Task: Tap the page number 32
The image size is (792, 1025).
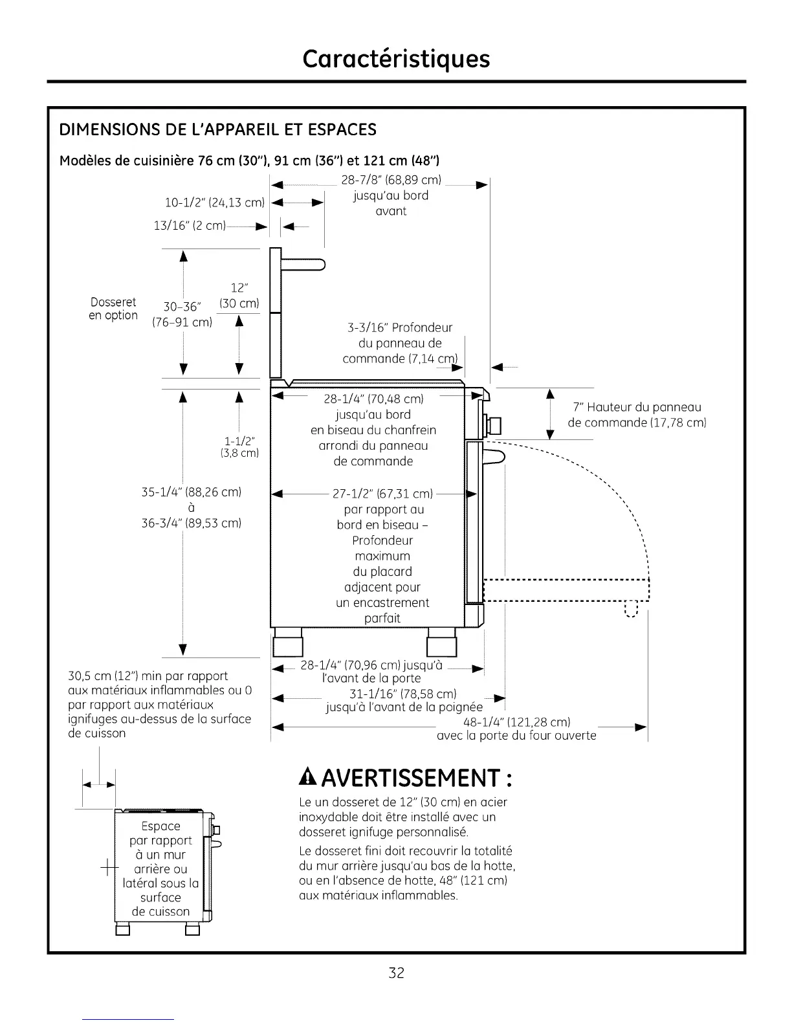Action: point(396,973)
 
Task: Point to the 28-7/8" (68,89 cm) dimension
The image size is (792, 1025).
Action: point(391,180)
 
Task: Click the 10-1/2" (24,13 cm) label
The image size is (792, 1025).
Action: point(215,203)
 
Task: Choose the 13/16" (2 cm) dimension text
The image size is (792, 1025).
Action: point(190,226)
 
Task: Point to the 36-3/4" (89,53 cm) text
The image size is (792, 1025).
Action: point(191,523)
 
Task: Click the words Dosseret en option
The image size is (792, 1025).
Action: point(114,309)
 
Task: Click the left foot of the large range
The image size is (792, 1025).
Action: point(288,644)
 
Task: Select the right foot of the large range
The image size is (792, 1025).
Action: point(442,645)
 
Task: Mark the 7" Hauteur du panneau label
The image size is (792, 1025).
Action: point(637,407)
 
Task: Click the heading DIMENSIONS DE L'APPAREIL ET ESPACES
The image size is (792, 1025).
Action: point(217,129)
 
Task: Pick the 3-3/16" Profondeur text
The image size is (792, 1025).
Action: point(400,327)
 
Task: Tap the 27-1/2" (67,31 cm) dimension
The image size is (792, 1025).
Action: point(382,494)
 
